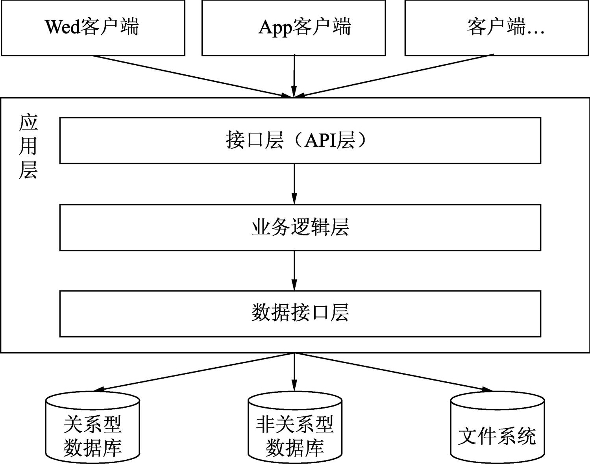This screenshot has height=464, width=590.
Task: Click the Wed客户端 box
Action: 93,28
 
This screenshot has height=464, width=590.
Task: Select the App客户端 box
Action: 293,28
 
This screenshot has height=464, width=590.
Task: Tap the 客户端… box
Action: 497,28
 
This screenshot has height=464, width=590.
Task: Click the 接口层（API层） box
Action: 300,140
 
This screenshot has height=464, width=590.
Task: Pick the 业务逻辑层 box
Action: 300,227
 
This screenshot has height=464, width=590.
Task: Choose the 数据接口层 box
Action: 300,314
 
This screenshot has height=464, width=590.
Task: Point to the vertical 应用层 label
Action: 28,146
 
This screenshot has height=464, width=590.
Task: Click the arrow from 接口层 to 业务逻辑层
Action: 294,183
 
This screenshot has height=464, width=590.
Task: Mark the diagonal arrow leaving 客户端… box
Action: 394,76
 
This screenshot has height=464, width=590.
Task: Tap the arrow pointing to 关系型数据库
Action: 193,372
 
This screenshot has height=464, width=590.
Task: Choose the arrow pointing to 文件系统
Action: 394,372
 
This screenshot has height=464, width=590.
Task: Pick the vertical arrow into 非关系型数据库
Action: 294,372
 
